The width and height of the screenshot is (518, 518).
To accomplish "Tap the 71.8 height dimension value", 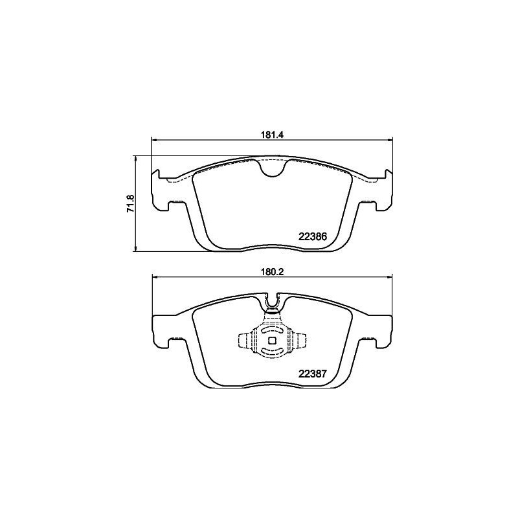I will point(130,203).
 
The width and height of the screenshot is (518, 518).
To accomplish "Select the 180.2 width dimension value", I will point(273,272).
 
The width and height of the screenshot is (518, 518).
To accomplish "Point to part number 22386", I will point(312,237).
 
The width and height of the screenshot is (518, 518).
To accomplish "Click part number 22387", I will point(311,373).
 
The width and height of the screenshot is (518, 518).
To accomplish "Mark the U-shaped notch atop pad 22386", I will point(273,168).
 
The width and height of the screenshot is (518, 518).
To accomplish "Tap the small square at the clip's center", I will point(273,341).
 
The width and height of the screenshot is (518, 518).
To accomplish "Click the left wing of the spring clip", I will point(247,341).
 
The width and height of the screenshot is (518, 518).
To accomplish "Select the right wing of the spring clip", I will point(298,341).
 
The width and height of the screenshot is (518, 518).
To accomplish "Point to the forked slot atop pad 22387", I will point(273,302).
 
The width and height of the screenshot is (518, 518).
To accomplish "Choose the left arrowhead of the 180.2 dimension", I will point(155,278).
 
